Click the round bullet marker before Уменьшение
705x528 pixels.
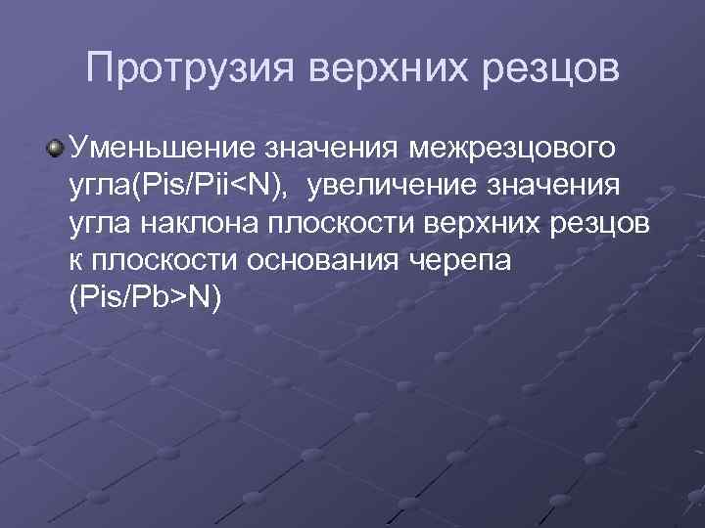point(58,149)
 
